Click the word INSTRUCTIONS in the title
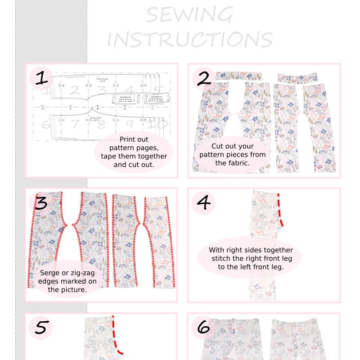pyautogui.click(x=189, y=40)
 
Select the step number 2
pyautogui.click(x=204, y=78)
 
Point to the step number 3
pyautogui.click(x=41, y=203)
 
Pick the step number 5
pyautogui.click(x=40, y=328)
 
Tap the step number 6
pyautogui.click(x=204, y=328)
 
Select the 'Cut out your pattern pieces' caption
pyautogui.click(x=233, y=155)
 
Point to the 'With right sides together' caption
pyautogui.click(x=251, y=258)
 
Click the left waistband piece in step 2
pyautogui.click(x=238, y=75)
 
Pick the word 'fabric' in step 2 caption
pyautogui.click(x=238, y=163)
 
